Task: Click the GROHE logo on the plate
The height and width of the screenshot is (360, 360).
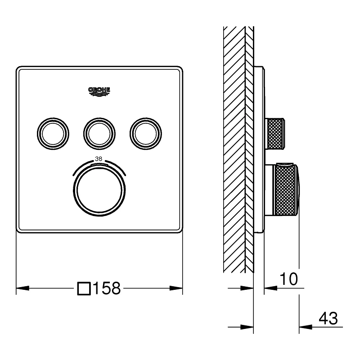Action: [x=99, y=91]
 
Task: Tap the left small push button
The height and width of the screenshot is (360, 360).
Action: [x=54, y=132]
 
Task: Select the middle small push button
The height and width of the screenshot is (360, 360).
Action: [x=99, y=132]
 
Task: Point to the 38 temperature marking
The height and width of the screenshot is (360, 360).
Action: [x=99, y=158]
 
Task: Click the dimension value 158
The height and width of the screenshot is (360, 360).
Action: [x=107, y=288]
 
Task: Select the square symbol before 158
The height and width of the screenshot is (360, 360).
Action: [x=84, y=288]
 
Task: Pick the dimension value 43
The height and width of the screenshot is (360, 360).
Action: [x=328, y=319]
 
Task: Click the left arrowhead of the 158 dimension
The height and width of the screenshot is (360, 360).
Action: [x=20, y=288]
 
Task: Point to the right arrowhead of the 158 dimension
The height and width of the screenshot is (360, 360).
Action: [x=179, y=288]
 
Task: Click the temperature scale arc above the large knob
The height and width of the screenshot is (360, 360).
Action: [x=99, y=165]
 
